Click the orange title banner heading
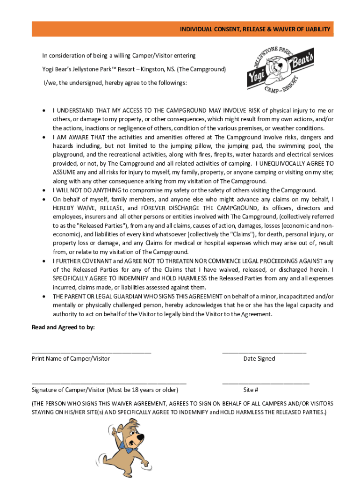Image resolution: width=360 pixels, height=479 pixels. click(x=255, y=29)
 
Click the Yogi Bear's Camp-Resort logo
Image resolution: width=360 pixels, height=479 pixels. click(x=281, y=68)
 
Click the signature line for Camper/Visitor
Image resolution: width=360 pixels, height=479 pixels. click(x=108, y=383)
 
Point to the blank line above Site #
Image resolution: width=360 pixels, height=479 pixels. click(x=266, y=383)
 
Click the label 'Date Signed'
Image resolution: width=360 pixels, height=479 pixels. click(x=259, y=359)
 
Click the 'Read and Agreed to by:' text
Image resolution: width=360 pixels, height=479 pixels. click(x=63, y=327)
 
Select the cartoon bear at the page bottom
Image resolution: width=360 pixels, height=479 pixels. click(x=123, y=447)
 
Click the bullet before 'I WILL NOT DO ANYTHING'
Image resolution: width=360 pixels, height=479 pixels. click(x=43, y=190)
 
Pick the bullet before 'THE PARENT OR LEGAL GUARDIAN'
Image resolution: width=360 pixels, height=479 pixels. click(x=43, y=297)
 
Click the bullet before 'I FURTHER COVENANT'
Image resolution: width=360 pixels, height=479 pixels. click(x=43, y=261)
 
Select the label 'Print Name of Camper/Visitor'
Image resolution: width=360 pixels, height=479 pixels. click(x=71, y=359)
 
